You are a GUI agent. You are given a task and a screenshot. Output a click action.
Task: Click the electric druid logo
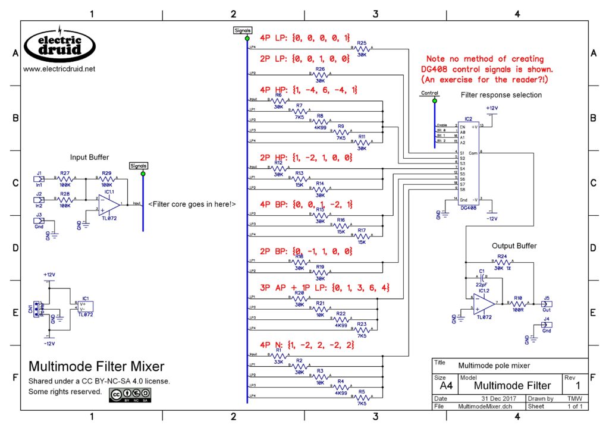pyautogui.click(x=59, y=45)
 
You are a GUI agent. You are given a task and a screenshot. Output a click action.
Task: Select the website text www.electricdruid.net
pyautogui.click(x=59, y=69)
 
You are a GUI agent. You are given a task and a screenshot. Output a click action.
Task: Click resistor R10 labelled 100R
pyautogui.click(x=519, y=303)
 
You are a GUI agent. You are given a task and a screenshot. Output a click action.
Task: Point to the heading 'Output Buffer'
pyautogui.click(x=514, y=246)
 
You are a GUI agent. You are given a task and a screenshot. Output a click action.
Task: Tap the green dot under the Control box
pyautogui.click(x=434, y=100)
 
